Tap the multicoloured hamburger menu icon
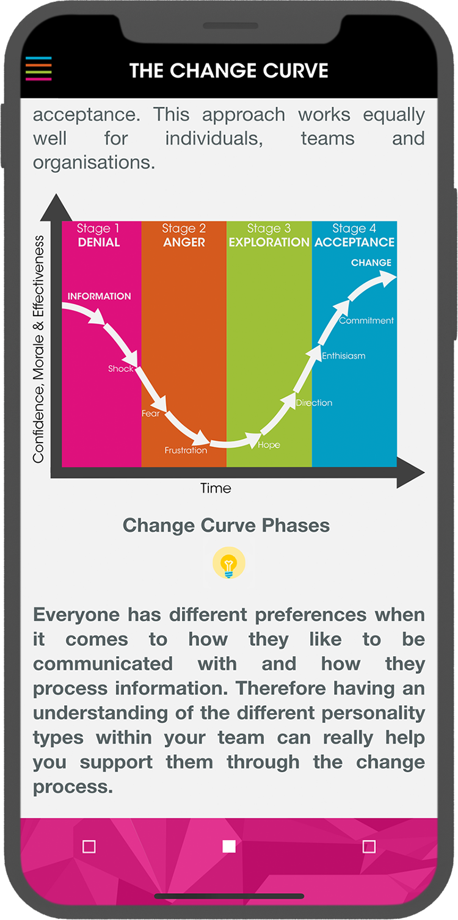(x=38, y=68)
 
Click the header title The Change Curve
(x=229, y=71)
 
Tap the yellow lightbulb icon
(x=229, y=563)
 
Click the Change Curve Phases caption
(x=226, y=525)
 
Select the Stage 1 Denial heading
(x=98, y=235)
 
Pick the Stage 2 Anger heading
(x=184, y=235)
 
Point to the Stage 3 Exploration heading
(x=269, y=235)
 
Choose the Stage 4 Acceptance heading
(x=354, y=235)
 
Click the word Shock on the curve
(x=121, y=368)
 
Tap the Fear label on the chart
(x=150, y=413)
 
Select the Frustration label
(x=186, y=450)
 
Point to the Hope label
(x=269, y=445)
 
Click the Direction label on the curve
(x=314, y=402)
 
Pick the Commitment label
(x=366, y=321)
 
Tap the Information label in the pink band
(x=99, y=296)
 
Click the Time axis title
(x=216, y=488)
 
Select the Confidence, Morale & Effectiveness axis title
(x=38, y=349)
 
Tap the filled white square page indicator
(x=229, y=846)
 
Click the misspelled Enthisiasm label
(x=343, y=356)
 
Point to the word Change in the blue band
(x=371, y=263)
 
